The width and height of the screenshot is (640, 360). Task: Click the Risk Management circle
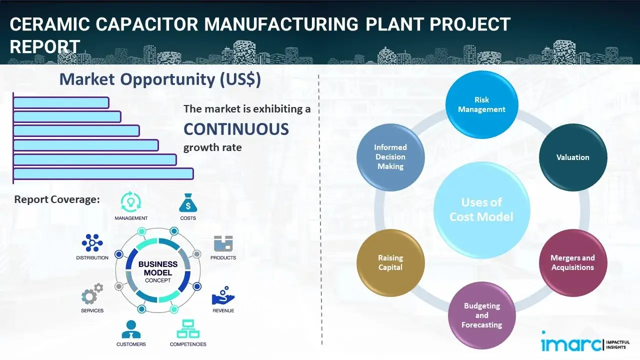(481, 105)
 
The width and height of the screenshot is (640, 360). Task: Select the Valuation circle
(572, 157)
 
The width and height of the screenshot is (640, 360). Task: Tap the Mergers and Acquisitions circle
(572, 262)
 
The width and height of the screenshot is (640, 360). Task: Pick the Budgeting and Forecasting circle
(481, 315)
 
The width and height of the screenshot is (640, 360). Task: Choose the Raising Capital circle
(390, 262)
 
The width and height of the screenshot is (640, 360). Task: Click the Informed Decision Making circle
(390, 157)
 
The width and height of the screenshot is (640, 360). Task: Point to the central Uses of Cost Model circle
(481, 209)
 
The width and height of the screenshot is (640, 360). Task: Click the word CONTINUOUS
(236, 129)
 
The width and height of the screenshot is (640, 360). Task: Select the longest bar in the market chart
(103, 173)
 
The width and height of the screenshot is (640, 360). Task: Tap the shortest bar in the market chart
(61, 102)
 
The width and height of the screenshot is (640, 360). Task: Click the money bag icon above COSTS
(187, 203)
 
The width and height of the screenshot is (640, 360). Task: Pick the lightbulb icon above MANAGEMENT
(130, 202)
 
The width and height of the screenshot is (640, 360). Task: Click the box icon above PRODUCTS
(223, 243)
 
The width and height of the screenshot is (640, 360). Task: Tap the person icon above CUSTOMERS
(131, 329)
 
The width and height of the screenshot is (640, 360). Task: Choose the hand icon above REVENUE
(223, 296)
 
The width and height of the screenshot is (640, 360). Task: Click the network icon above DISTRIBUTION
(92, 243)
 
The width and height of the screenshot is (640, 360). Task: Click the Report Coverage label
(57, 199)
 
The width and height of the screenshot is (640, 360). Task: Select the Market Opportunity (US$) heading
(160, 79)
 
